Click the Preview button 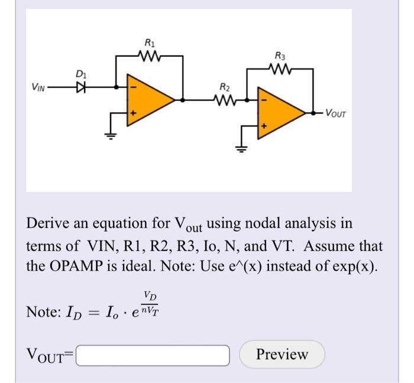tap(282, 354)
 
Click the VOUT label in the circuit tap(335, 112)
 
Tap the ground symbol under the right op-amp tap(241, 147)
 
